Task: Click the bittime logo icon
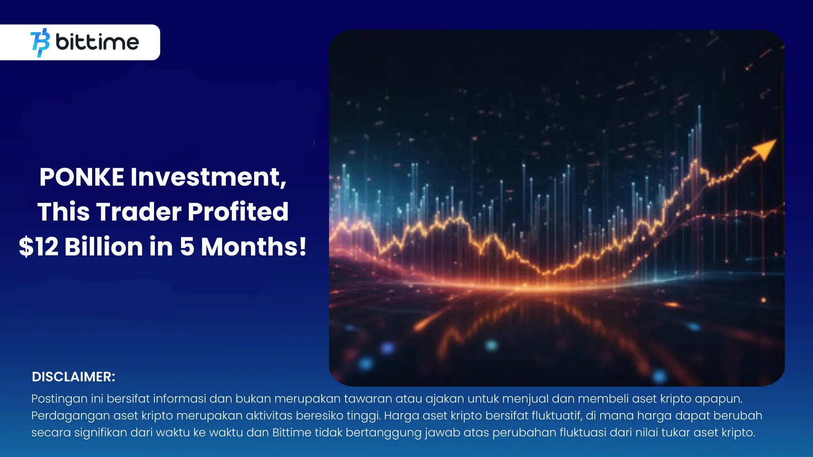pyautogui.click(x=40, y=42)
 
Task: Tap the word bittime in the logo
pyautogui.click(x=97, y=42)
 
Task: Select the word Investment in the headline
pyautogui.click(x=208, y=177)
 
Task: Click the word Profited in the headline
pyautogui.click(x=238, y=211)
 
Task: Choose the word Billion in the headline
pyautogui.click(x=104, y=246)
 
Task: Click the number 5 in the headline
pyautogui.click(x=187, y=246)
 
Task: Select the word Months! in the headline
pyautogui.click(x=254, y=246)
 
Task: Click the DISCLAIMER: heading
pyautogui.click(x=73, y=377)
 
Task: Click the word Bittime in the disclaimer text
pyautogui.click(x=292, y=432)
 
